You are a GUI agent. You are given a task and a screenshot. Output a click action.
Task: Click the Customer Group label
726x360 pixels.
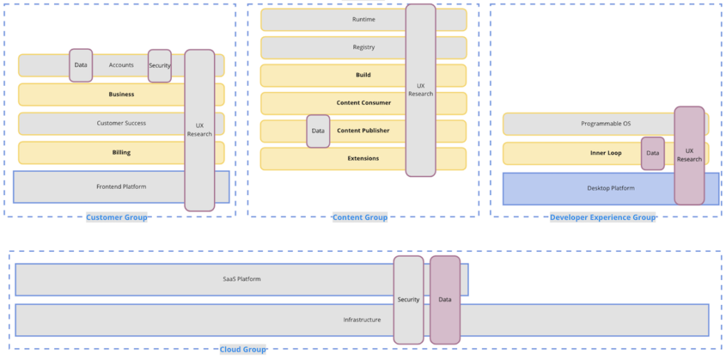[x=116, y=217]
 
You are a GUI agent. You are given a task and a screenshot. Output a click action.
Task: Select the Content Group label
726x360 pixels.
[x=360, y=217]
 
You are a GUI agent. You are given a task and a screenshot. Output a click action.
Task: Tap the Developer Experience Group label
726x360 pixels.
[x=602, y=217]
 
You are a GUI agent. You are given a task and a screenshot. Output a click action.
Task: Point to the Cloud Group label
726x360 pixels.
[x=243, y=350]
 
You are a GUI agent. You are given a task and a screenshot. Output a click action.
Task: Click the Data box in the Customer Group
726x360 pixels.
[x=81, y=65]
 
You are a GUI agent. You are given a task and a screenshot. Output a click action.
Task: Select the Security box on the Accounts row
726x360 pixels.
[x=159, y=66]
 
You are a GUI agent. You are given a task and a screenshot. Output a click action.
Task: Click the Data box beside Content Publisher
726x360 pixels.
[x=318, y=131]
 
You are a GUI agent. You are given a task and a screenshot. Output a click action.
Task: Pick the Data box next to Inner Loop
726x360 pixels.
[x=653, y=153]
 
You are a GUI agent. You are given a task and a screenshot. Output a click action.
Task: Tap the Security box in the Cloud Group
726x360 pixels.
[x=408, y=300]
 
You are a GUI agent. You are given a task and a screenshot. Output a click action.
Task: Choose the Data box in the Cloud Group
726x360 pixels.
[x=444, y=300]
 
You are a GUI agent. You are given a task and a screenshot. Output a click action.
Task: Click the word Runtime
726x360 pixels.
[x=364, y=19]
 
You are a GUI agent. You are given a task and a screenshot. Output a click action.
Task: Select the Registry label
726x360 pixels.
[x=364, y=47]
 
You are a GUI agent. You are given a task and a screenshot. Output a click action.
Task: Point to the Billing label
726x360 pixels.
[x=121, y=153]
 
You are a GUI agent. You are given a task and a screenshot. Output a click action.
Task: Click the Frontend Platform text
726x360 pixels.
[x=121, y=187]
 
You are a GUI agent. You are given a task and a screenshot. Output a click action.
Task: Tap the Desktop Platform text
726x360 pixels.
[x=610, y=188]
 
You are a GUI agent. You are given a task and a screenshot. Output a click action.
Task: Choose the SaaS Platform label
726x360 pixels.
[x=242, y=279]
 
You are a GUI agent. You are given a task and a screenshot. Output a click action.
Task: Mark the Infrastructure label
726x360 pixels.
[x=362, y=320]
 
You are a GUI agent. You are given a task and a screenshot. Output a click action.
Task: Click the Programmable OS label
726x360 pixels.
[x=605, y=124]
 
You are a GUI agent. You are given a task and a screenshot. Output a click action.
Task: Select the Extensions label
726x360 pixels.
[x=363, y=159]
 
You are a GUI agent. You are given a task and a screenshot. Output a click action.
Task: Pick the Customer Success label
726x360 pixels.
[x=121, y=123]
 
